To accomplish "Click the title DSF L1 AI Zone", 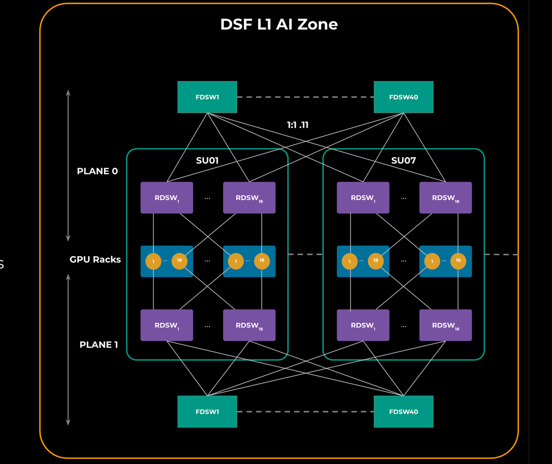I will pos(279,24).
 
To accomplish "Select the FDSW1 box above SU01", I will pos(207,97).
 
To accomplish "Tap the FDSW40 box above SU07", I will pos(403,97).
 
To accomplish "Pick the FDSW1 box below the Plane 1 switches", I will pos(207,412).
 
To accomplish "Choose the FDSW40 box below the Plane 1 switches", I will pos(403,412).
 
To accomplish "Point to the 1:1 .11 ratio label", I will pos(298,125).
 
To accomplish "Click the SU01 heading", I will pos(207,160).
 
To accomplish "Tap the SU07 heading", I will pos(403,160).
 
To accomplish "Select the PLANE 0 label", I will pos(97,171).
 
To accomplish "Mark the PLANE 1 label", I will pos(98,344).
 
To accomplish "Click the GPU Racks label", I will pos(95,259).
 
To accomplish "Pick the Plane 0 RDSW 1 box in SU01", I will pos(167,198).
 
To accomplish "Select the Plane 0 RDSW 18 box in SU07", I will pos(445,198).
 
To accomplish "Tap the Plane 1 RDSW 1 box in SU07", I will pos(363,325).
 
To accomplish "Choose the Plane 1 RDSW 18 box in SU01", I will pos(249,325).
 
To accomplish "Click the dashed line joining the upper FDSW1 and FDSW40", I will pos(305,97).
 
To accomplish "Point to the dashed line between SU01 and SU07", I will pos(305,254).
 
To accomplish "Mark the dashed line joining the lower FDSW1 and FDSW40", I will pos(305,412).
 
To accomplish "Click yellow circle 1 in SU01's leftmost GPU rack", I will pos(153,261).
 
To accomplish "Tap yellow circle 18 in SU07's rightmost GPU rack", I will pos(458,261).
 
